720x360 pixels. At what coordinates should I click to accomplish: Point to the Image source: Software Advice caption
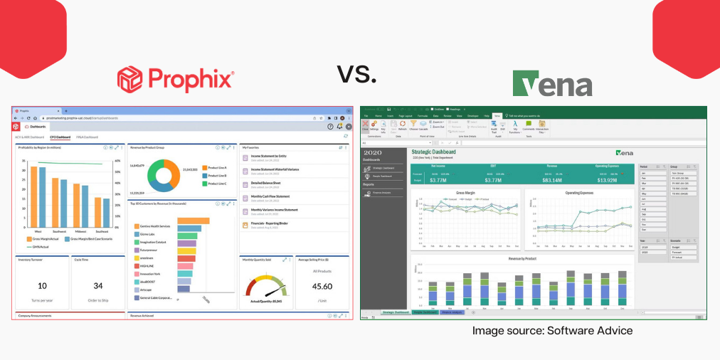(552, 331)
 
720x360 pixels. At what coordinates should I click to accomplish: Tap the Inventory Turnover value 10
(42, 285)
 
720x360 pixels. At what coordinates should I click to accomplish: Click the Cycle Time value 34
(98, 285)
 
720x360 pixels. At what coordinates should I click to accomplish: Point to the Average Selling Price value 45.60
(322, 286)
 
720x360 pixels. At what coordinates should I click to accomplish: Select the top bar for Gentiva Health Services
(193, 221)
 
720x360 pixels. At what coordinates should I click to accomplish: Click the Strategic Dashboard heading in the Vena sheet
(433, 152)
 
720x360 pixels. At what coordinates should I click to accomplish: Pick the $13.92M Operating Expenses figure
(612, 180)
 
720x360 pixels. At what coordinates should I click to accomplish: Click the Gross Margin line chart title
(465, 193)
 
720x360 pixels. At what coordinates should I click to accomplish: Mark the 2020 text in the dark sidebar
(373, 152)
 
